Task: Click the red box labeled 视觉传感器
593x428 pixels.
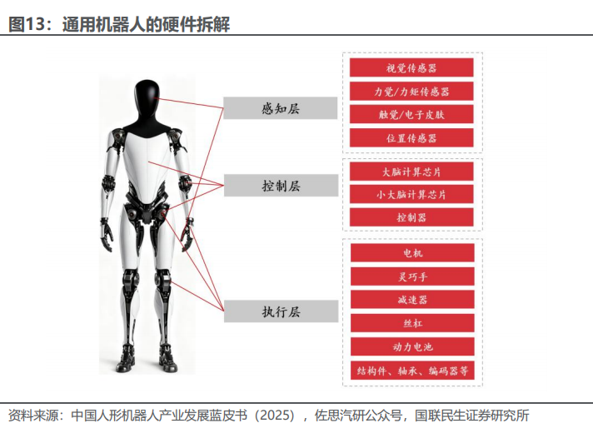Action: pos(411,67)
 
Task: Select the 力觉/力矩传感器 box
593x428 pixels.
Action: pos(411,91)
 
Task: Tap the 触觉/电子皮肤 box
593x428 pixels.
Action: pos(411,114)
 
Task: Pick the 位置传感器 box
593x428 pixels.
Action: pos(411,137)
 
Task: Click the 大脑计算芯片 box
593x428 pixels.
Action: pos(411,172)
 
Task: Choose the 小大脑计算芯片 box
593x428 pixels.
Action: pos(411,194)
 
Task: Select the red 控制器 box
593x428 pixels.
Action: pos(411,217)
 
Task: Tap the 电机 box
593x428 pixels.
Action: pos(411,252)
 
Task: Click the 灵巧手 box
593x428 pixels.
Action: pos(411,276)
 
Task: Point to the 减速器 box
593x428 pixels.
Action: pos(411,299)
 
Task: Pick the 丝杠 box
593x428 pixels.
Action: pos(411,322)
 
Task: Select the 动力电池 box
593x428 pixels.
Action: pos(411,346)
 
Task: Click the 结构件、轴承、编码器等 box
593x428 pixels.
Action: pos(411,369)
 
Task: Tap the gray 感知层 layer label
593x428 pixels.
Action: pos(280,108)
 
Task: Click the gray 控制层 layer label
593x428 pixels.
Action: pos(280,185)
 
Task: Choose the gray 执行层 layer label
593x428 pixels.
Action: pos(280,311)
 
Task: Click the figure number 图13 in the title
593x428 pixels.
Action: pos(27,24)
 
